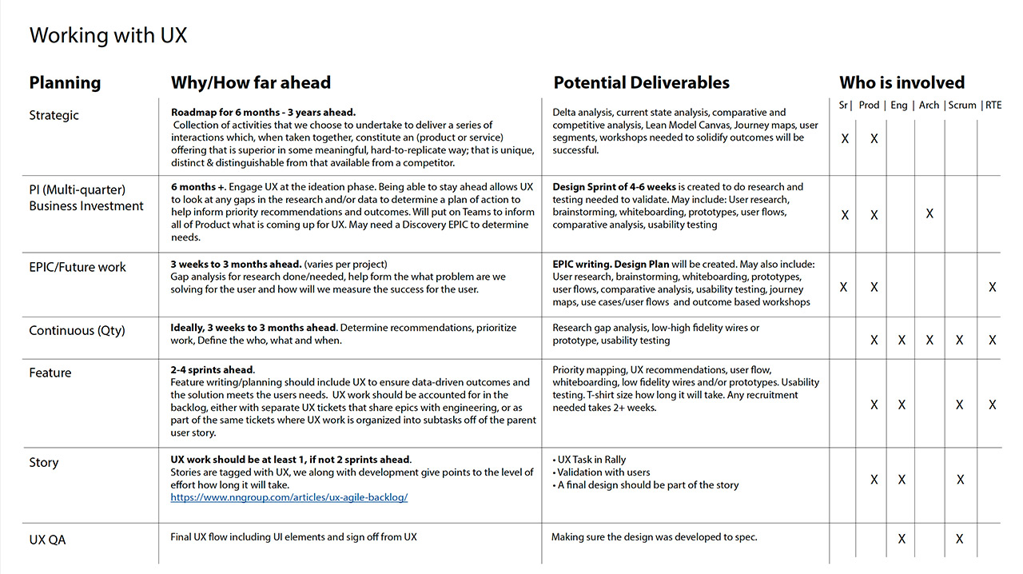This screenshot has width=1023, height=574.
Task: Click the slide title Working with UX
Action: (x=108, y=36)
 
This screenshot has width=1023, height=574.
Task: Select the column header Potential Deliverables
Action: (x=641, y=82)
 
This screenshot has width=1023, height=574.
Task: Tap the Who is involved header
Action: (x=902, y=82)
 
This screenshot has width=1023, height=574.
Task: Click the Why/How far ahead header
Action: (x=250, y=82)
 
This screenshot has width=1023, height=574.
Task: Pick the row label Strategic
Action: (x=54, y=115)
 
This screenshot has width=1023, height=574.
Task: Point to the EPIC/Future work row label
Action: (x=78, y=267)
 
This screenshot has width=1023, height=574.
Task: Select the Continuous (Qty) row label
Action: (x=77, y=330)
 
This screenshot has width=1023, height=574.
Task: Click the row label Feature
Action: (x=50, y=373)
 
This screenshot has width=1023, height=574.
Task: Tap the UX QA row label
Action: (x=47, y=540)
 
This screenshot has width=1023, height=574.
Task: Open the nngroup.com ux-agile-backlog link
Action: (x=289, y=497)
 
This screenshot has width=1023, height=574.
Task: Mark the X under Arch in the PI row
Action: (x=929, y=214)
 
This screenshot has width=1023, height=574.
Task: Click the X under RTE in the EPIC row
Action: (x=992, y=287)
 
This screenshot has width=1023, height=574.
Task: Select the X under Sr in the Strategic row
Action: (x=845, y=139)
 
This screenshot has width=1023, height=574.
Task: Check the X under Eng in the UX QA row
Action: (x=902, y=539)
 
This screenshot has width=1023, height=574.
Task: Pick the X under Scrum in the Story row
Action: (x=960, y=480)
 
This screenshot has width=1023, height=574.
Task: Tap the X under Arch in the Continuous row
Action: (x=929, y=340)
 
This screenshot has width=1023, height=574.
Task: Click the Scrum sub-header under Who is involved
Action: (x=962, y=105)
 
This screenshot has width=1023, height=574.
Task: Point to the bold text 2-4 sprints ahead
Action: (x=213, y=370)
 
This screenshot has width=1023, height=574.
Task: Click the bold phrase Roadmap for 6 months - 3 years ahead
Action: (x=263, y=113)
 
